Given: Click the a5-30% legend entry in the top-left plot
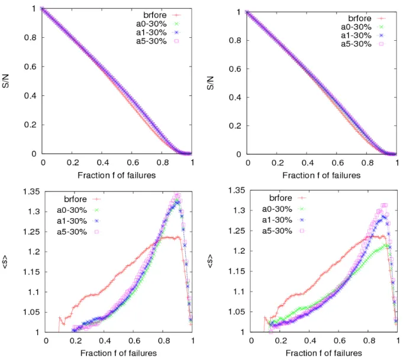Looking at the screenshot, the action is [157, 41].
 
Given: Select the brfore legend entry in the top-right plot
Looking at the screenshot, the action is [367, 18].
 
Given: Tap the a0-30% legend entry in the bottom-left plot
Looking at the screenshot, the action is [78, 210].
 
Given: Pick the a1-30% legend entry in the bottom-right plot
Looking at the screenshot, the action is [283, 220].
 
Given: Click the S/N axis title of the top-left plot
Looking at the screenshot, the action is [6, 81].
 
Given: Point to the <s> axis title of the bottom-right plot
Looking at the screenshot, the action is [210, 261].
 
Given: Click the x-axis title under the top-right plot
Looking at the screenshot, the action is [321, 175].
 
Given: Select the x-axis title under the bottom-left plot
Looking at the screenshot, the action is [118, 353].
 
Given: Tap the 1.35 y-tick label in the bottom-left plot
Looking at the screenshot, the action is [31, 192].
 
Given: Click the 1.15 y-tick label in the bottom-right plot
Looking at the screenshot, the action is [237, 271].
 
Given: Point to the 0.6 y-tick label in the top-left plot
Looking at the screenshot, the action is [31, 67].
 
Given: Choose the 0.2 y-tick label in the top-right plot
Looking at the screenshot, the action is [235, 126].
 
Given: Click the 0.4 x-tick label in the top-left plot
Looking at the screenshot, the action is [103, 163].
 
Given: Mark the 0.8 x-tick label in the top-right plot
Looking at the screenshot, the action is [367, 163].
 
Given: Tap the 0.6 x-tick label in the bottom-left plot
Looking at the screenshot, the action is [134, 340].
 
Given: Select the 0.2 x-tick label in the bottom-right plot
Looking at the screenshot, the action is [281, 340].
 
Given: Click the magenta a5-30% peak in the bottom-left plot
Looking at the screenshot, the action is [178, 196].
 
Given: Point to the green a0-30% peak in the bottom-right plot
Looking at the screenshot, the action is [386, 246].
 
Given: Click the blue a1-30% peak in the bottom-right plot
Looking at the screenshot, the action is [383, 217].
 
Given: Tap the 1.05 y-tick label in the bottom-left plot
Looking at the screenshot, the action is [31, 312].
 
